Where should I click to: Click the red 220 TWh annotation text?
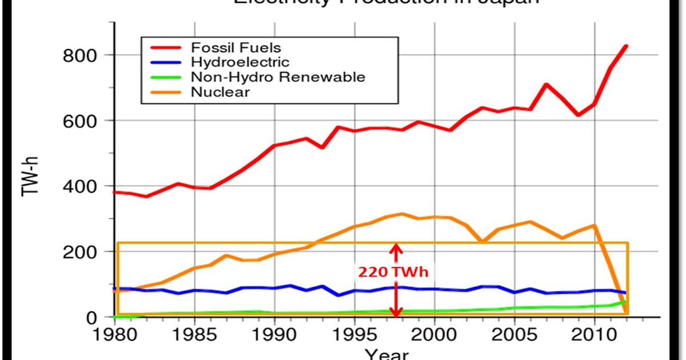click(393, 273)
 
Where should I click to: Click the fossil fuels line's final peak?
click(626, 46)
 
